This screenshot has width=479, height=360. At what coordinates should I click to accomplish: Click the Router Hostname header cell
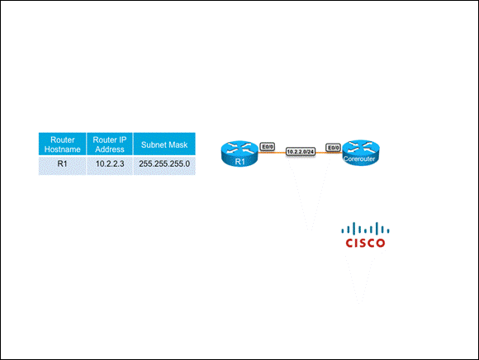point(62,144)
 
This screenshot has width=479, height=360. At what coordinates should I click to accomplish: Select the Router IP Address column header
point(110,144)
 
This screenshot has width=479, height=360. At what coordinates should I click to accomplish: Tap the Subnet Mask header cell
point(164,144)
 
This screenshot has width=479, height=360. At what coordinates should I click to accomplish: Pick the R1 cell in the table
point(62,165)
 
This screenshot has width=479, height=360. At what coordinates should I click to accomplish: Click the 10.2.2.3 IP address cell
point(110,165)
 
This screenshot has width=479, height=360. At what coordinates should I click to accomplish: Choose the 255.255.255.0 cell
point(164,165)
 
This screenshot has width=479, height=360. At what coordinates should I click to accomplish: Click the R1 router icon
point(239,154)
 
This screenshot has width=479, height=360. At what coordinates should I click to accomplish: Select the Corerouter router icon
point(361,153)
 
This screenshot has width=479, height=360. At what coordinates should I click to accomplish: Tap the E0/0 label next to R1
point(267,147)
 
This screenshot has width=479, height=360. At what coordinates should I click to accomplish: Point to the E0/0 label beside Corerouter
point(333,148)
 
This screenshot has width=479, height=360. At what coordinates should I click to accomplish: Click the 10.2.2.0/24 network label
point(301,151)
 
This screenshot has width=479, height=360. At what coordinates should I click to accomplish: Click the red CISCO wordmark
point(365,243)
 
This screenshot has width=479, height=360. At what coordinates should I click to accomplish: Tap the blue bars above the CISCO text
point(365,229)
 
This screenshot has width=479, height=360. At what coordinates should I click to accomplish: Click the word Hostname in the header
point(62,149)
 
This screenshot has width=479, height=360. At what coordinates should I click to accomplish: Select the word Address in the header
point(110,149)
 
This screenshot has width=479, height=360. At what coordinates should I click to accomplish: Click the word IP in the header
point(122,140)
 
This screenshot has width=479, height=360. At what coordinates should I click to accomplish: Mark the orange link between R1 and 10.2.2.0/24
point(272,152)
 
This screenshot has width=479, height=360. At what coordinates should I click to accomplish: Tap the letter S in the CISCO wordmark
point(361,243)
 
